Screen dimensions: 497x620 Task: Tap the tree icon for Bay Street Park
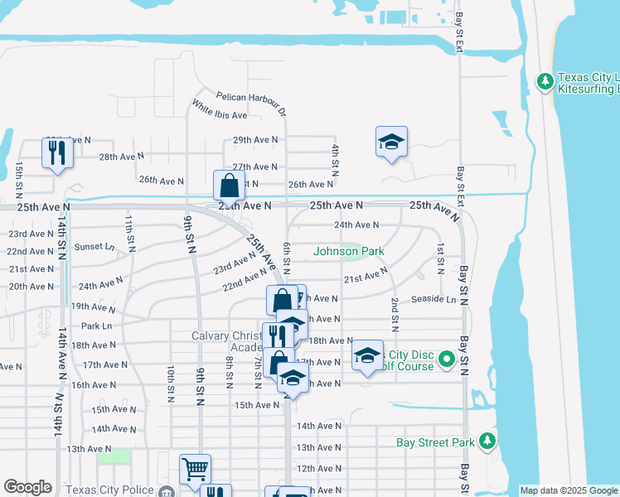(488, 441)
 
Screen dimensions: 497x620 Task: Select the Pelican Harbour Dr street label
(251, 102)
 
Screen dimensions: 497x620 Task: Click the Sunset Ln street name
(94, 246)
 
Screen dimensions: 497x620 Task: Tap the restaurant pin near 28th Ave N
(57, 152)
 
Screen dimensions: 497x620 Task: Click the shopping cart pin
(195, 470)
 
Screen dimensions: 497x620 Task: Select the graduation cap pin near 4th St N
(391, 142)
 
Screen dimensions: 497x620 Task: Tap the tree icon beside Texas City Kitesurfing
(545, 80)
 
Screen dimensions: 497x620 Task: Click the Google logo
(27, 487)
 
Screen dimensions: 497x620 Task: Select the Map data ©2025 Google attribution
(569, 491)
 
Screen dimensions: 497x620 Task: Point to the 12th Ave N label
(318, 468)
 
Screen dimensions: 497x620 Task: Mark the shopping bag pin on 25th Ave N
(229, 186)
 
